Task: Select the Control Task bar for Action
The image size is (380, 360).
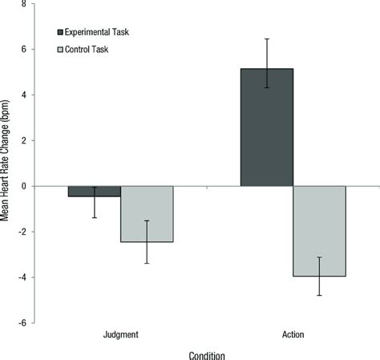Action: pyautogui.click(x=320, y=231)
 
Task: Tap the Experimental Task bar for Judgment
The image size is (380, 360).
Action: pyautogui.click(x=94, y=191)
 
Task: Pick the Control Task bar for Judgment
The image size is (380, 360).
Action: pyautogui.click(x=147, y=213)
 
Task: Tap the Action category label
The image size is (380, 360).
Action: pyautogui.click(x=293, y=334)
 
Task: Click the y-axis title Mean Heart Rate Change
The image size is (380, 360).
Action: pyautogui.click(x=6, y=164)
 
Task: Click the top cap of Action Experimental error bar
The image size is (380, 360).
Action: pyautogui.click(x=267, y=38)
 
